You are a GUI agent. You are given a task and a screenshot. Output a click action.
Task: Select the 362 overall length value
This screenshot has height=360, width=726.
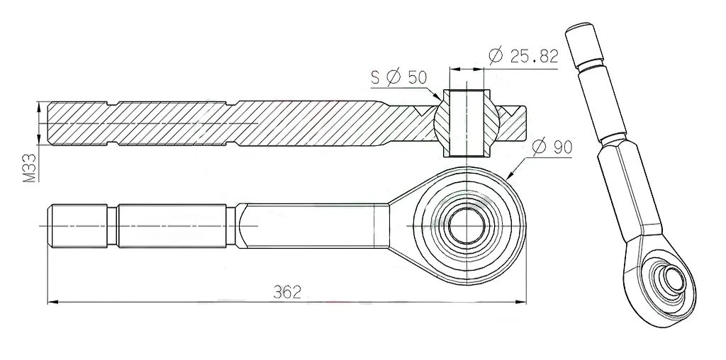[x=288, y=291]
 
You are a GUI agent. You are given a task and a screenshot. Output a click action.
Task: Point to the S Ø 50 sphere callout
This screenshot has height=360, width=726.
[x=398, y=78]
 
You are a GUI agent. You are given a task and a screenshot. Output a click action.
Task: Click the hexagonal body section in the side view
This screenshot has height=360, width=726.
[x=312, y=226]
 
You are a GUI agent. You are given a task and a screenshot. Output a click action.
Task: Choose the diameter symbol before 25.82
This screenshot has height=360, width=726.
[x=496, y=56]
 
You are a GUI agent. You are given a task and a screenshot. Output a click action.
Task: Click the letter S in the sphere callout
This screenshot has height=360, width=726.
[x=375, y=78]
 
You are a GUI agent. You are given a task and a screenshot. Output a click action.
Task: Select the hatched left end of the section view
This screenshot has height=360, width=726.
[x=78, y=124]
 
